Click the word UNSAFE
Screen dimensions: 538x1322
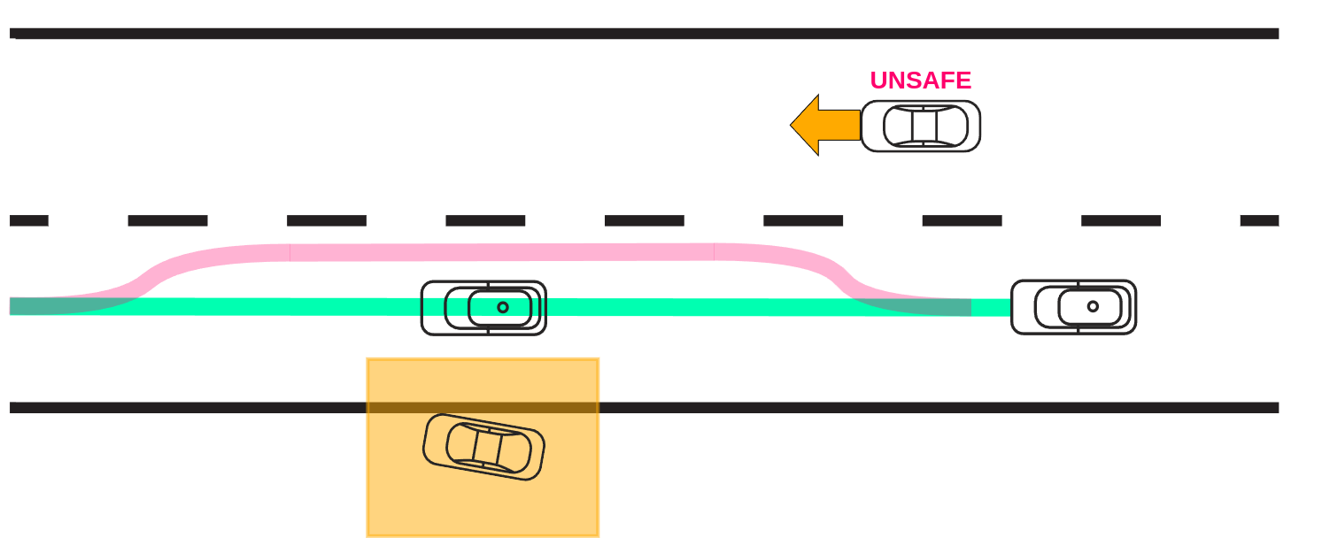(x=920, y=81)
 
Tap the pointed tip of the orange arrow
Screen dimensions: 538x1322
(x=792, y=125)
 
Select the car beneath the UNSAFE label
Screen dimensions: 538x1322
(x=921, y=126)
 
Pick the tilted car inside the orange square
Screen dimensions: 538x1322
(x=483, y=447)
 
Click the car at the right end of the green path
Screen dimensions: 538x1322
(x=1073, y=307)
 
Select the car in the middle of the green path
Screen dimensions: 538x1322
(x=483, y=308)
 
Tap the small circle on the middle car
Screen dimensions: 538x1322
(x=503, y=307)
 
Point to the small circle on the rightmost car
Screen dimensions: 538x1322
(x=1093, y=306)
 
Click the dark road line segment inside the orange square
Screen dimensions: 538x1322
(x=483, y=408)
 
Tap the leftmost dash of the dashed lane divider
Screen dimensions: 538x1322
(x=28, y=220)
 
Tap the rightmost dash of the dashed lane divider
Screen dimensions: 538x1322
(x=1259, y=220)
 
